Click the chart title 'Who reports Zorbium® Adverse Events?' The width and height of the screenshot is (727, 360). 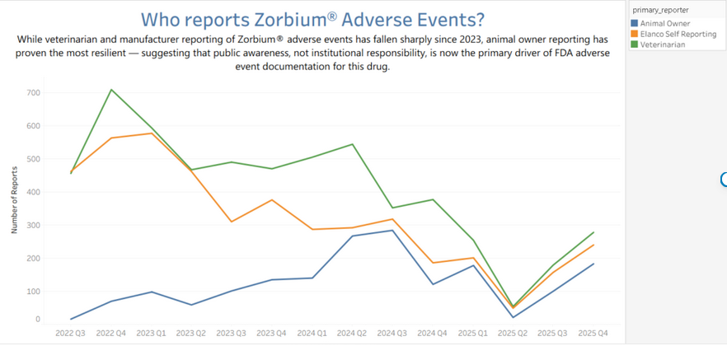pyautogui.click(x=312, y=20)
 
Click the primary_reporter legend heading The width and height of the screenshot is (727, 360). pyautogui.click(x=660, y=10)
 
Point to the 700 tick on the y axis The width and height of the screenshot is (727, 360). pyautogui.click(x=32, y=93)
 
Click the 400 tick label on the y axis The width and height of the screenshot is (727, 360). pyautogui.click(x=32, y=192)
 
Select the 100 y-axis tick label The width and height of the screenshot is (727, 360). pyautogui.click(x=32, y=292)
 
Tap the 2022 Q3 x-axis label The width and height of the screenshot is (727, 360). pyautogui.click(x=71, y=333)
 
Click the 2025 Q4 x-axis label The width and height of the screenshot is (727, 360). pyautogui.click(x=594, y=333)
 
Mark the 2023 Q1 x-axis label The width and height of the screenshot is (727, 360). pyautogui.click(x=151, y=333)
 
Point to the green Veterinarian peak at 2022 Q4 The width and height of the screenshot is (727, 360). pyautogui.click(x=111, y=90)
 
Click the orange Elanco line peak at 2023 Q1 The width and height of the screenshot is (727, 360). pyautogui.click(x=151, y=133)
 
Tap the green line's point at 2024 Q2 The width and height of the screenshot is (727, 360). pyautogui.click(x=353, y=144)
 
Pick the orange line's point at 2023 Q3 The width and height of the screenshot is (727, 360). pyautogui.click(x=232, y=222)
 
